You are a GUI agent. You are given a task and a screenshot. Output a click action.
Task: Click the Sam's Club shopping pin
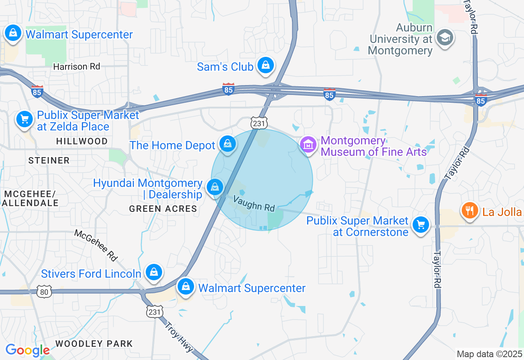point(266,65)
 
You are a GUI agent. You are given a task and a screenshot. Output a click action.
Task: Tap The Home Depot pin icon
point(227,144)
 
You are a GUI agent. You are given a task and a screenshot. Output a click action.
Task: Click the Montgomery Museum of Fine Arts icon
point(308,144)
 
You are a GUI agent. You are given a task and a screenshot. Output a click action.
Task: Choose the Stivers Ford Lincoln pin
point(154,272)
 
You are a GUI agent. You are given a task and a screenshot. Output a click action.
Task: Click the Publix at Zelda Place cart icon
point(25,119)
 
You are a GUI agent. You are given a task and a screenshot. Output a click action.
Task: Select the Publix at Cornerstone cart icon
point(420,225)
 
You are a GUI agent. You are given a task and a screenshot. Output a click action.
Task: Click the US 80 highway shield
point(44,291)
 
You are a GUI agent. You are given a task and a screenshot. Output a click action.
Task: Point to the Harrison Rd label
point(77,66)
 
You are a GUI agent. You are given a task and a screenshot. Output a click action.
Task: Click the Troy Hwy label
point(179,337)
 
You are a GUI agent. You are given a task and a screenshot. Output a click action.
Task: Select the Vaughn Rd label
point(254,203)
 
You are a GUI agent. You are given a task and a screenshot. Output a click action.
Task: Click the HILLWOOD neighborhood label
point(82,141)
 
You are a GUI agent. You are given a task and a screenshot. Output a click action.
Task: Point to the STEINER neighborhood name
point(49,160)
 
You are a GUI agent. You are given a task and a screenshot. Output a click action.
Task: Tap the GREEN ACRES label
point(163,209)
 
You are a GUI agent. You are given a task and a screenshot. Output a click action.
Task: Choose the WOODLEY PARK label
point(94,344)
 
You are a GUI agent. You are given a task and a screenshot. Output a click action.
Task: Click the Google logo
point(27,350)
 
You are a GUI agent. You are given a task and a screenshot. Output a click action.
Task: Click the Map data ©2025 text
point(489,354)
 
